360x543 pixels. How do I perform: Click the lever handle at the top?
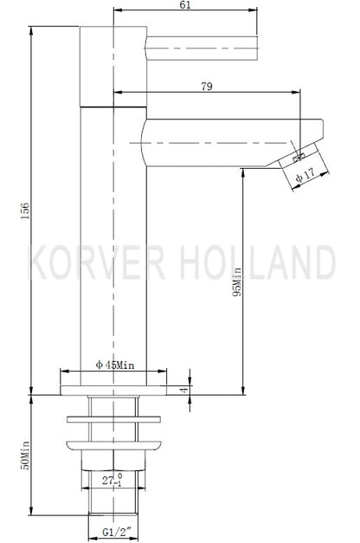tap(201, 45)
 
